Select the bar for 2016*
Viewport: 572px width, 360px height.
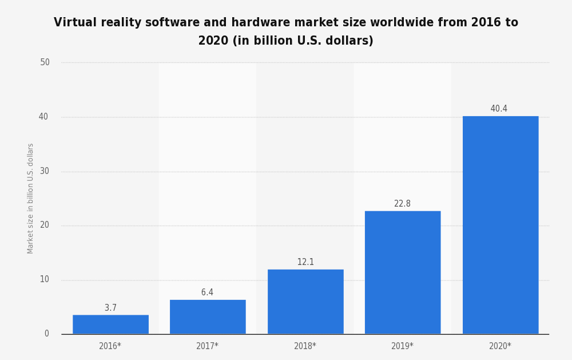click(110, 325)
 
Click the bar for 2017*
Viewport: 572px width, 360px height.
click(208, 317)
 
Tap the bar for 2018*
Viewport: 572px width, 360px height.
click(305, 302)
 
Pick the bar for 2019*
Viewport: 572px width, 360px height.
click(403, 272)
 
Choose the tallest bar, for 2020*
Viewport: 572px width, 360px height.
click(500, 225)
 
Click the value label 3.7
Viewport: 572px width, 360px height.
click(110, 308)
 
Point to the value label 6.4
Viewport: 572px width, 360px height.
click(207, 292)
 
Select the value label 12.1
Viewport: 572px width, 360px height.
click(305, 262)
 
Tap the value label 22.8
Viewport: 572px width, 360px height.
click(402, 204)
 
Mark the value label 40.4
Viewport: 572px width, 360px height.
click(499, 109)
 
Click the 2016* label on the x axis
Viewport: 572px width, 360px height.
click(110, 346)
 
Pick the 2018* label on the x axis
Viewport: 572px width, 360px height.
click(305, 346)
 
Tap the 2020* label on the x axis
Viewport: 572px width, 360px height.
click(500, 346)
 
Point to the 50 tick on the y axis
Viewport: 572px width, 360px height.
click(45, 62)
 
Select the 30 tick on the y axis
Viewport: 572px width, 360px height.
click(45, 171)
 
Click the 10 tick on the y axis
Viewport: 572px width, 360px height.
click(45, 279)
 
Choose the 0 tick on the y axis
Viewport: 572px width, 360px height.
click(47, 334)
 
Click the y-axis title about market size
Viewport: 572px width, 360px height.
click(31, 198)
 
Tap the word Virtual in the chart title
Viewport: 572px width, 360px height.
click(74, 23)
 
